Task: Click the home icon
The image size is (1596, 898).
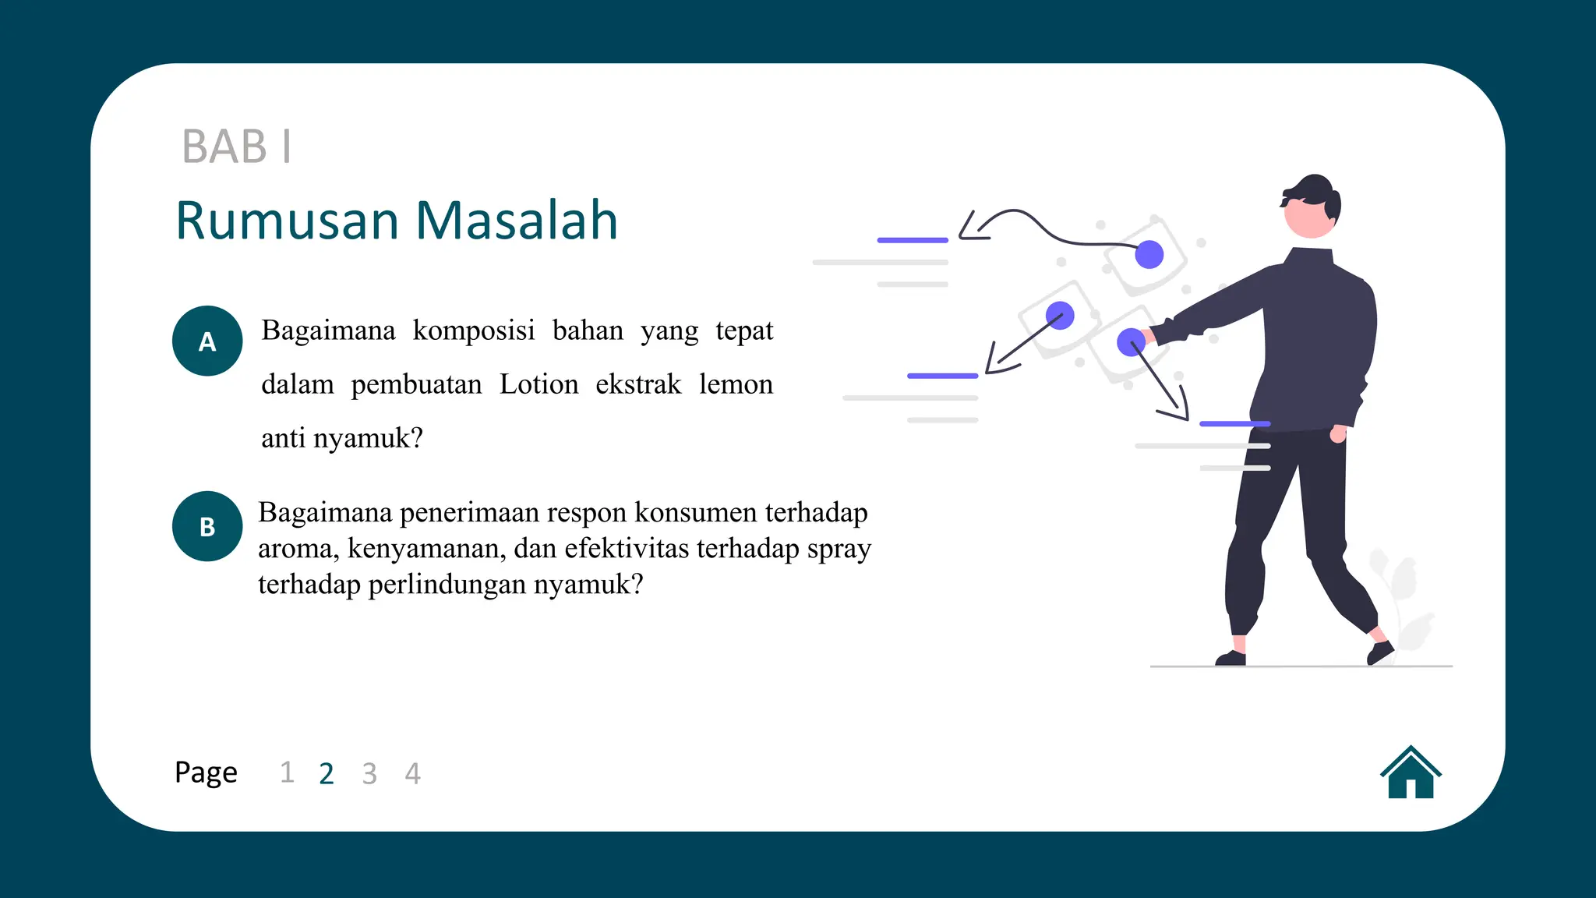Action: point(1411,773)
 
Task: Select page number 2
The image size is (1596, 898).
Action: point(327,773)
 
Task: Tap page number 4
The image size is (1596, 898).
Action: point(412,773)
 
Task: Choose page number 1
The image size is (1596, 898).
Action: point(287,772)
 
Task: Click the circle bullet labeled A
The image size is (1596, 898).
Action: point(207,341)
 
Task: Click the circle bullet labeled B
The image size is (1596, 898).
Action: point(207,526)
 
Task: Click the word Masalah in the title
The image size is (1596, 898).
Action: point(517,221)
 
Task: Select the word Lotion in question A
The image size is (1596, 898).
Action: point(538,384)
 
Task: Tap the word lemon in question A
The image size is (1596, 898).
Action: point(736,384)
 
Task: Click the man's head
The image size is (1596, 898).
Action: point(1312,207)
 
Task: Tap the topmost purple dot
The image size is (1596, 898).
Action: point(1149,254)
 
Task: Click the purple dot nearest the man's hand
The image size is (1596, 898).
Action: point(1131,342)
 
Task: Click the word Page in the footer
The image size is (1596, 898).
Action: point(206,772)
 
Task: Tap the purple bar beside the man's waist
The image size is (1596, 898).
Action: point(1234,423)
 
